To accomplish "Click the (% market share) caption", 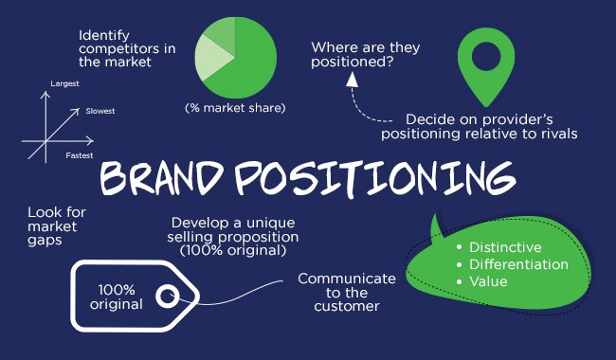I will pos(235,108).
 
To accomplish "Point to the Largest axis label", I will pos(64,84).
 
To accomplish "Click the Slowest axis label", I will pos(100,111).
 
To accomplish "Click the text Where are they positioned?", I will pos(367,54).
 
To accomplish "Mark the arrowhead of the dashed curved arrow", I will pos(353,79).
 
